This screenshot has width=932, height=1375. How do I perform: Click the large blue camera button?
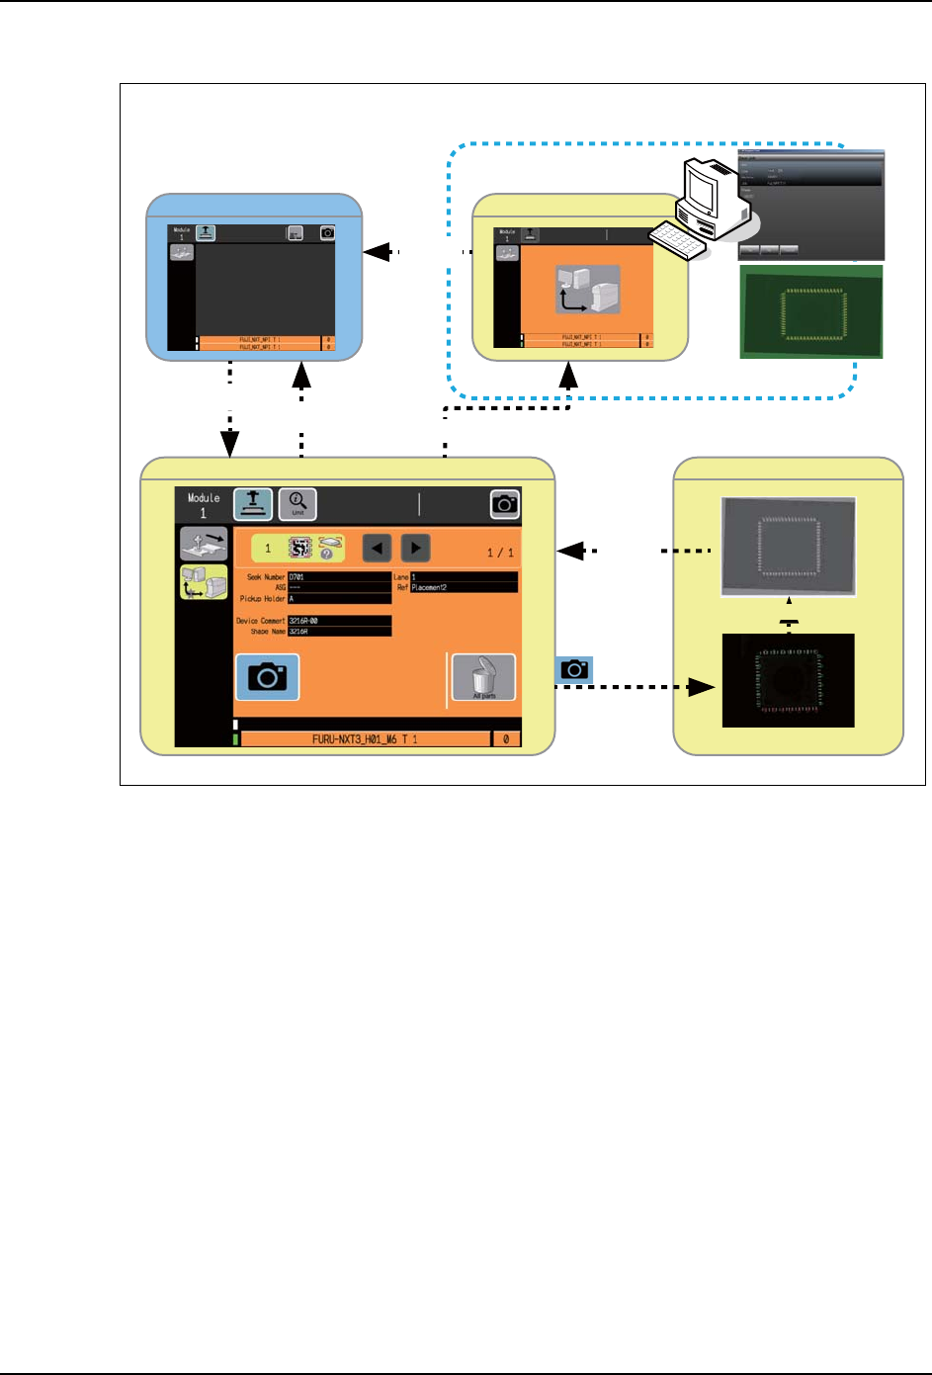(267, 677)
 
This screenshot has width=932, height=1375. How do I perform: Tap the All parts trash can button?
(483, 677)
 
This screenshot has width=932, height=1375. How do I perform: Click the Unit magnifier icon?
(297, 504)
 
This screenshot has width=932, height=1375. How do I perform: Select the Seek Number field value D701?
(338, 576)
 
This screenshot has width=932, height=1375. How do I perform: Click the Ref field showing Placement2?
(463, 587)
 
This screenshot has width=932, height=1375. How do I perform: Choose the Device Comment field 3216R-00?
(338, 621)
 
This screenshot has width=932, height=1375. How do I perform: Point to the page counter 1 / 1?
(500, 553)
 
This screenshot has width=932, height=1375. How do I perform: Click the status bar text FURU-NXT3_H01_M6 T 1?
(365, 738)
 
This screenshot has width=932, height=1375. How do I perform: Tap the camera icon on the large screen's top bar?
(505, 504)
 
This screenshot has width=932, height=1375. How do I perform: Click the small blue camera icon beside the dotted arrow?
(574, 670)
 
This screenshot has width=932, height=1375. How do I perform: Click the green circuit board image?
(811, 311)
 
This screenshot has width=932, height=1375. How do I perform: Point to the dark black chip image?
(789, 680)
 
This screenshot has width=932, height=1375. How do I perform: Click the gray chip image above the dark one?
(789, 546)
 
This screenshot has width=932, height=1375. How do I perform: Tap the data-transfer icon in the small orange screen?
(588, 289)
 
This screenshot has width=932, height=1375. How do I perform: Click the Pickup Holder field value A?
(338, 598)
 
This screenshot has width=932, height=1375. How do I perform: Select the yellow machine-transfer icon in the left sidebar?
(204, 583)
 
